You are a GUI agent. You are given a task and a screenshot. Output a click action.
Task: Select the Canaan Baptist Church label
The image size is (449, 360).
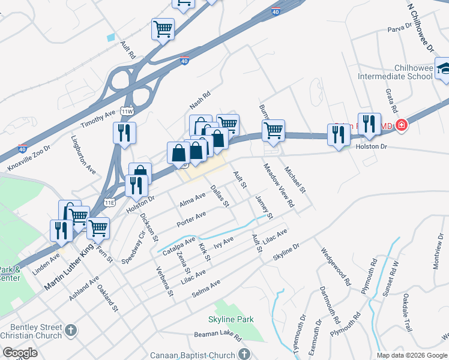pos(193,355)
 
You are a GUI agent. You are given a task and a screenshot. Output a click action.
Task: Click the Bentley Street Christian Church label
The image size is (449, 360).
pos(31,331)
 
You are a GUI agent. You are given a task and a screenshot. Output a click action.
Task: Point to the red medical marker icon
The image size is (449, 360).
pos(402,125)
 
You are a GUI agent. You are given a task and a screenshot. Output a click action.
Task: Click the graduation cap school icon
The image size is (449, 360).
pos(444,70)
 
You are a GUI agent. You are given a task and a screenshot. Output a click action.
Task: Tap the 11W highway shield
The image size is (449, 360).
pos(126,112)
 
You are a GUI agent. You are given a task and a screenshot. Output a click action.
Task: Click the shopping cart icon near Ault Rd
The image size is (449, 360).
pos(163,29)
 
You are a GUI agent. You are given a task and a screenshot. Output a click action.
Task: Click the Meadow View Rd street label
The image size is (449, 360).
pos(279,185)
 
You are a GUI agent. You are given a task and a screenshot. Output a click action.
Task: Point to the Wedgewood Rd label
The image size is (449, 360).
pos(335,266)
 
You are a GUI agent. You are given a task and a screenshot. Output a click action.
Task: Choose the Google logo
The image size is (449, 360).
pos(20,353)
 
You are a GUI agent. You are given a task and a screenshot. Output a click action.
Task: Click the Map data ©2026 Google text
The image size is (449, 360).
pos(411,355)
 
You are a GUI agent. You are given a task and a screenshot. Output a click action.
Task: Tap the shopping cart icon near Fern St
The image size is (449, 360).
pos(98,227)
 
